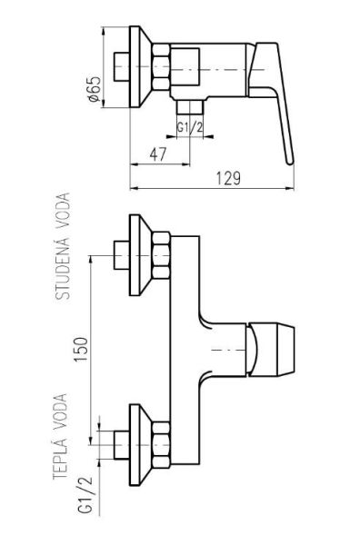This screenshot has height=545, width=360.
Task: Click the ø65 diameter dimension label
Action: [x=94, y=89]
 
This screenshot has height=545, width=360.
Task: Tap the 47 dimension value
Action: [x=158, y=154]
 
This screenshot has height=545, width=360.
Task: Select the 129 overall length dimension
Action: [x=228, y=179]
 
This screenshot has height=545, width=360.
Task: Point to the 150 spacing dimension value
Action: [x=82, y=349]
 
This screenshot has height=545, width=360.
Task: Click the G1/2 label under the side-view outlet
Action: [x=190, y=127]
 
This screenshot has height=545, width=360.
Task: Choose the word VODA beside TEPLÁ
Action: [x=60, y=411]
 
